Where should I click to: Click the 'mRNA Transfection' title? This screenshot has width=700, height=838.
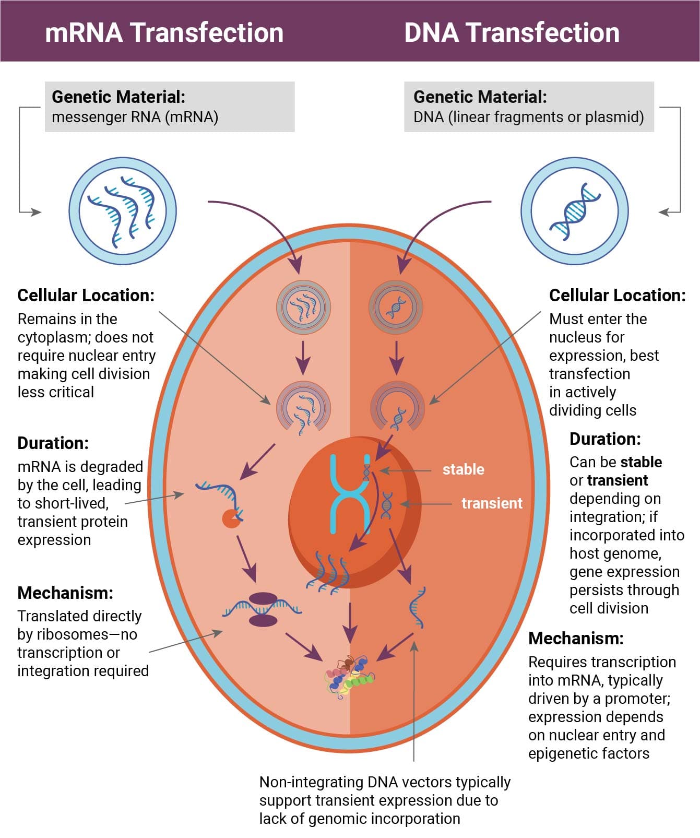pyautogui.click(x=164, y=32)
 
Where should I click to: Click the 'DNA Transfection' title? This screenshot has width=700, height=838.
pyautogui.click(x=512, y=32)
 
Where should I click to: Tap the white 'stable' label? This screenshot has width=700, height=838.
pyautogui.click(x=464, y=469)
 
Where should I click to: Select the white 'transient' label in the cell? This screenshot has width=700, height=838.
pyautogui.click(x=492, y=503)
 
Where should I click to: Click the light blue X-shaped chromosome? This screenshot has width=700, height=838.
pyautogui.click(x=349, y=493)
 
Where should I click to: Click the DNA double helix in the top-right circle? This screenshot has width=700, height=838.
pyautogui.click(x=575, y=211)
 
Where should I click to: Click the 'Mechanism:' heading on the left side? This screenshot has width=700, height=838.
pyautogui.click(x=65, y=593)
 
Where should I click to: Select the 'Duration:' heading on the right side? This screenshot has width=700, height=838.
pyautogui.click(x=605, y=439)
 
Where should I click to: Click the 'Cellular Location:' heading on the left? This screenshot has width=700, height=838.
pyautogui.click(x=86, y=295)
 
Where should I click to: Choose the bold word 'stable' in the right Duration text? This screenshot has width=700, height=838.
pyautogui.click(x=641, y=462)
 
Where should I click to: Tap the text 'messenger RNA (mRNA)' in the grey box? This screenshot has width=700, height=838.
pyautogui.click(x=135, y=117)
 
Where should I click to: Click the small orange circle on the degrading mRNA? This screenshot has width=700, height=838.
pyautogui.click(x=231, y=518)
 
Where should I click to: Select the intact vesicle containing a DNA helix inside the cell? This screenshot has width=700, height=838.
pyautogui.click(x=396, y=308)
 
